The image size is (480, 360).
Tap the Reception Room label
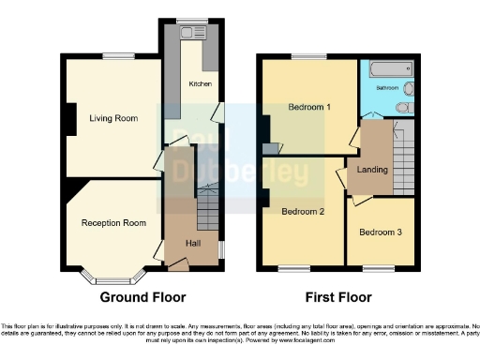click(x=113, y=223)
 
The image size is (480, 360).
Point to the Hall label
click(x=193, y=243)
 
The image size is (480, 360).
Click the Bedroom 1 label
click(x=309, y=107)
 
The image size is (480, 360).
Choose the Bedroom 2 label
click(x=303, y=212)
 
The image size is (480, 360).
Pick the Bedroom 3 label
click(x=380, y=232)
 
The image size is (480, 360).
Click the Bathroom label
click(x=388, y=87)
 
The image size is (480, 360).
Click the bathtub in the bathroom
click(x=389, y=69)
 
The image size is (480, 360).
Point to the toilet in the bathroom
click(x=403, y=108)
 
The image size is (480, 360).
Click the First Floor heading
click(x=338, y=297)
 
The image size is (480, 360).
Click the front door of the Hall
click(x=176, y=265)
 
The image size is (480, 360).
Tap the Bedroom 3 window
click(x=379, y=268)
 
